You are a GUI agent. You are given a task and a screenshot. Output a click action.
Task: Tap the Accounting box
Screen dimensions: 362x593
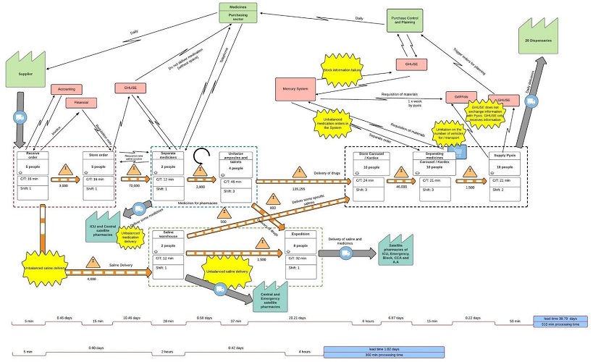tap(66, 90)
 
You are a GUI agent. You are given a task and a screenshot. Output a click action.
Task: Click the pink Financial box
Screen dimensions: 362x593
tap(82, 103)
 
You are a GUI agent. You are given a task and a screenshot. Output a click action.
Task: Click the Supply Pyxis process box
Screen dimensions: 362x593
tap(505, 176)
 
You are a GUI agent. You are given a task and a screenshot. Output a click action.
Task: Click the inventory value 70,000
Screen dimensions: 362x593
tap(133, 185)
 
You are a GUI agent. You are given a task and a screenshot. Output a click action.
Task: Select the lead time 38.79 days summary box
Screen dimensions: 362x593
tap(559, 321)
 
